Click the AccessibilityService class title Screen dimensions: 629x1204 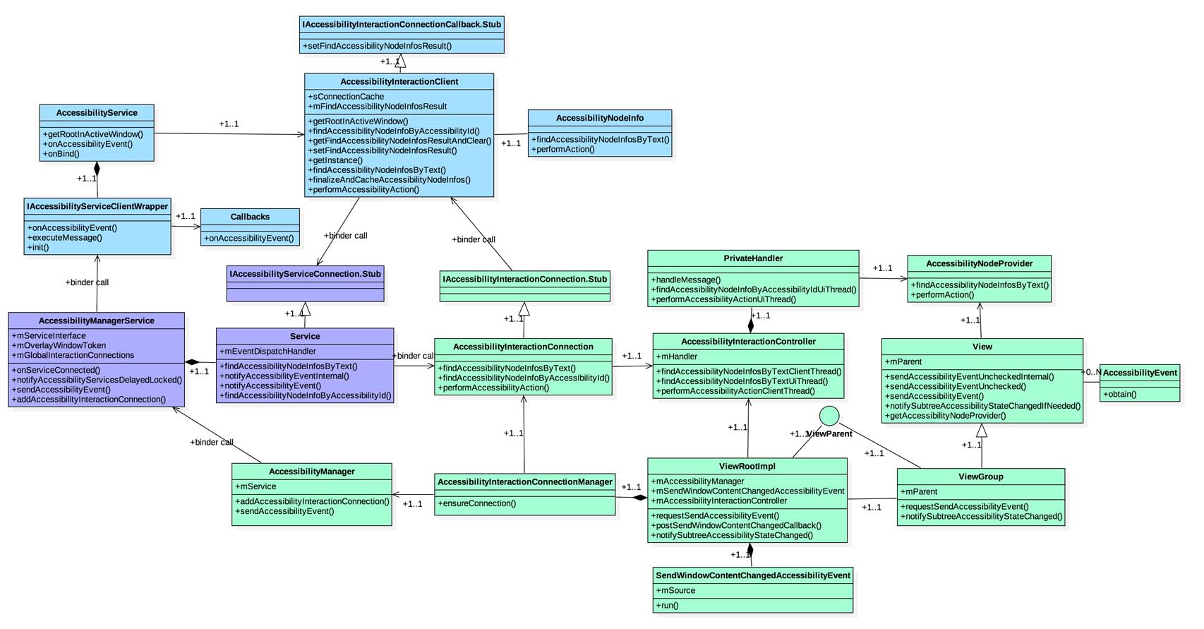coord(97,113)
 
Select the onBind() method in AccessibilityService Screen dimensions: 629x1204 coord(62,154)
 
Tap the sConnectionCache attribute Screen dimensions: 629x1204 coord(347,97)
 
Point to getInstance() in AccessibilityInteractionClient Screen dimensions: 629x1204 coord(336,160)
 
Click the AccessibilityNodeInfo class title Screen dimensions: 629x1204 coord(600,118)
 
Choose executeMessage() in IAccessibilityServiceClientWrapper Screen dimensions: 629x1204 coord(65,238)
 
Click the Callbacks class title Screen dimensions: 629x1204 coord(250,217)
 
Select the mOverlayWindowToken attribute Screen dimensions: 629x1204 coord(59,346)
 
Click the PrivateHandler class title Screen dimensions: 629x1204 coord(753,258)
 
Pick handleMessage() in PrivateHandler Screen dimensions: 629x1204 coord(686,280)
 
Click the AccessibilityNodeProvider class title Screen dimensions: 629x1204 coord(979,264)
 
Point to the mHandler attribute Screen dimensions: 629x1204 coord(677,357)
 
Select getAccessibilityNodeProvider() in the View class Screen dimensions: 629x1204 coord(946,416)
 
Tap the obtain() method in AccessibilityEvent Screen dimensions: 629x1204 coord(1120,395)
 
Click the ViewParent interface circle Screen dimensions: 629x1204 coord(829,416)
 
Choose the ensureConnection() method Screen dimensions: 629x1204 coord(477,504)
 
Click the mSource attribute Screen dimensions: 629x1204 coord(676,591)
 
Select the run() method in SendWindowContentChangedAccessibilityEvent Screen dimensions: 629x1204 coord(668,606)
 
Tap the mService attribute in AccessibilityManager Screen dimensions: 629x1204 coord(255,486)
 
